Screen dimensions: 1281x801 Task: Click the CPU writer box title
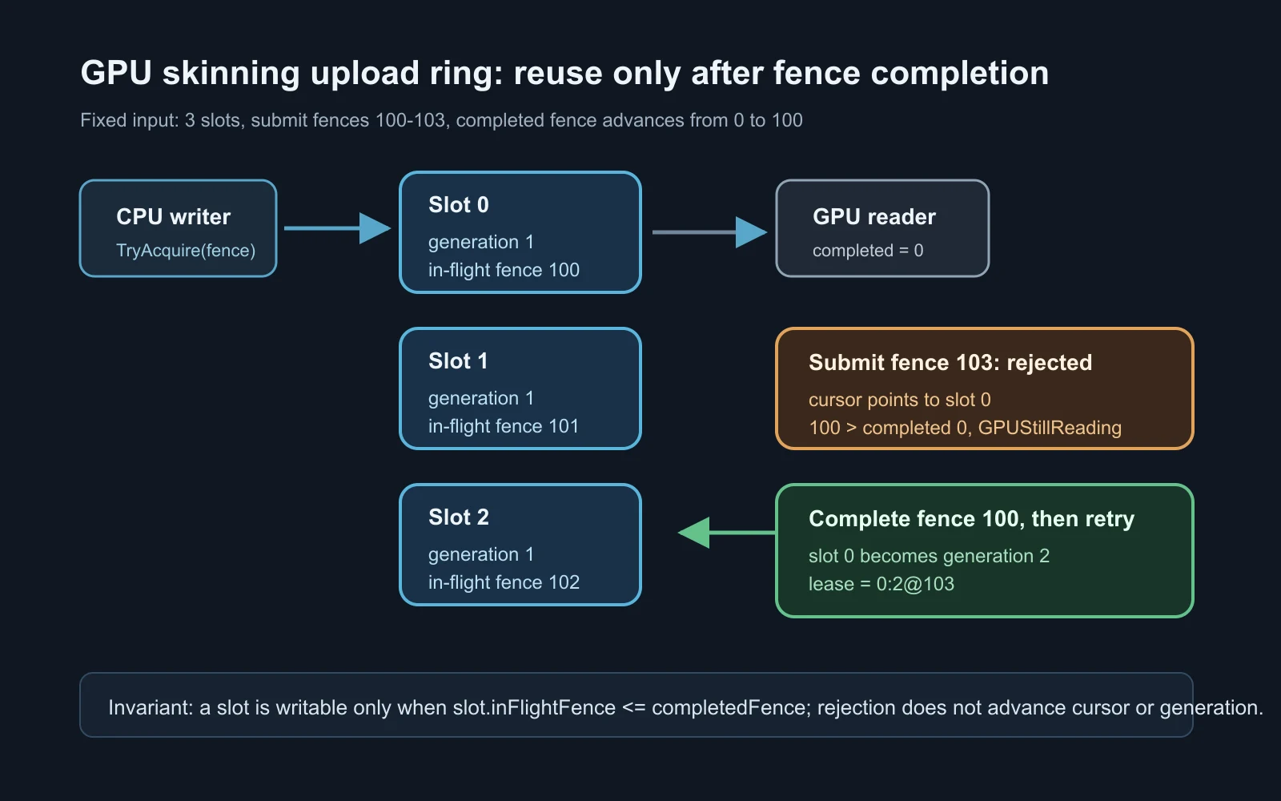173,217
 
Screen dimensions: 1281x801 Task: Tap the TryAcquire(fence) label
186,251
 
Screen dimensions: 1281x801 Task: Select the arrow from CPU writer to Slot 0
337,228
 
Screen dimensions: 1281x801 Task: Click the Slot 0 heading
459,205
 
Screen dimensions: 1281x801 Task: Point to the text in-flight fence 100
504,270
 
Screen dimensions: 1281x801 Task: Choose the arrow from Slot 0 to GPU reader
709,232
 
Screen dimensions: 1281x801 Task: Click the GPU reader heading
873,217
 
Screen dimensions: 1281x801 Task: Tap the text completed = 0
868,251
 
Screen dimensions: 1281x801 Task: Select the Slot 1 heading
458,361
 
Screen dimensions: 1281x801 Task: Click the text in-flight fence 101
504,426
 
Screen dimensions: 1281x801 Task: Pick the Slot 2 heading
459,517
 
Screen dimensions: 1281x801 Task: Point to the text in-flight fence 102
504,582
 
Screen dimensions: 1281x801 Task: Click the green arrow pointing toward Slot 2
726,533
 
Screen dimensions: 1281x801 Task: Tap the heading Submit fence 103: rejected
950,363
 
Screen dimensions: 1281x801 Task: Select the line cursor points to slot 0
900,400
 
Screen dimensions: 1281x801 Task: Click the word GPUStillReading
1050,428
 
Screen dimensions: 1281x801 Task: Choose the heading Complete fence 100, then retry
971,519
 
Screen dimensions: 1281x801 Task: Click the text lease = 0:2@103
881,584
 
